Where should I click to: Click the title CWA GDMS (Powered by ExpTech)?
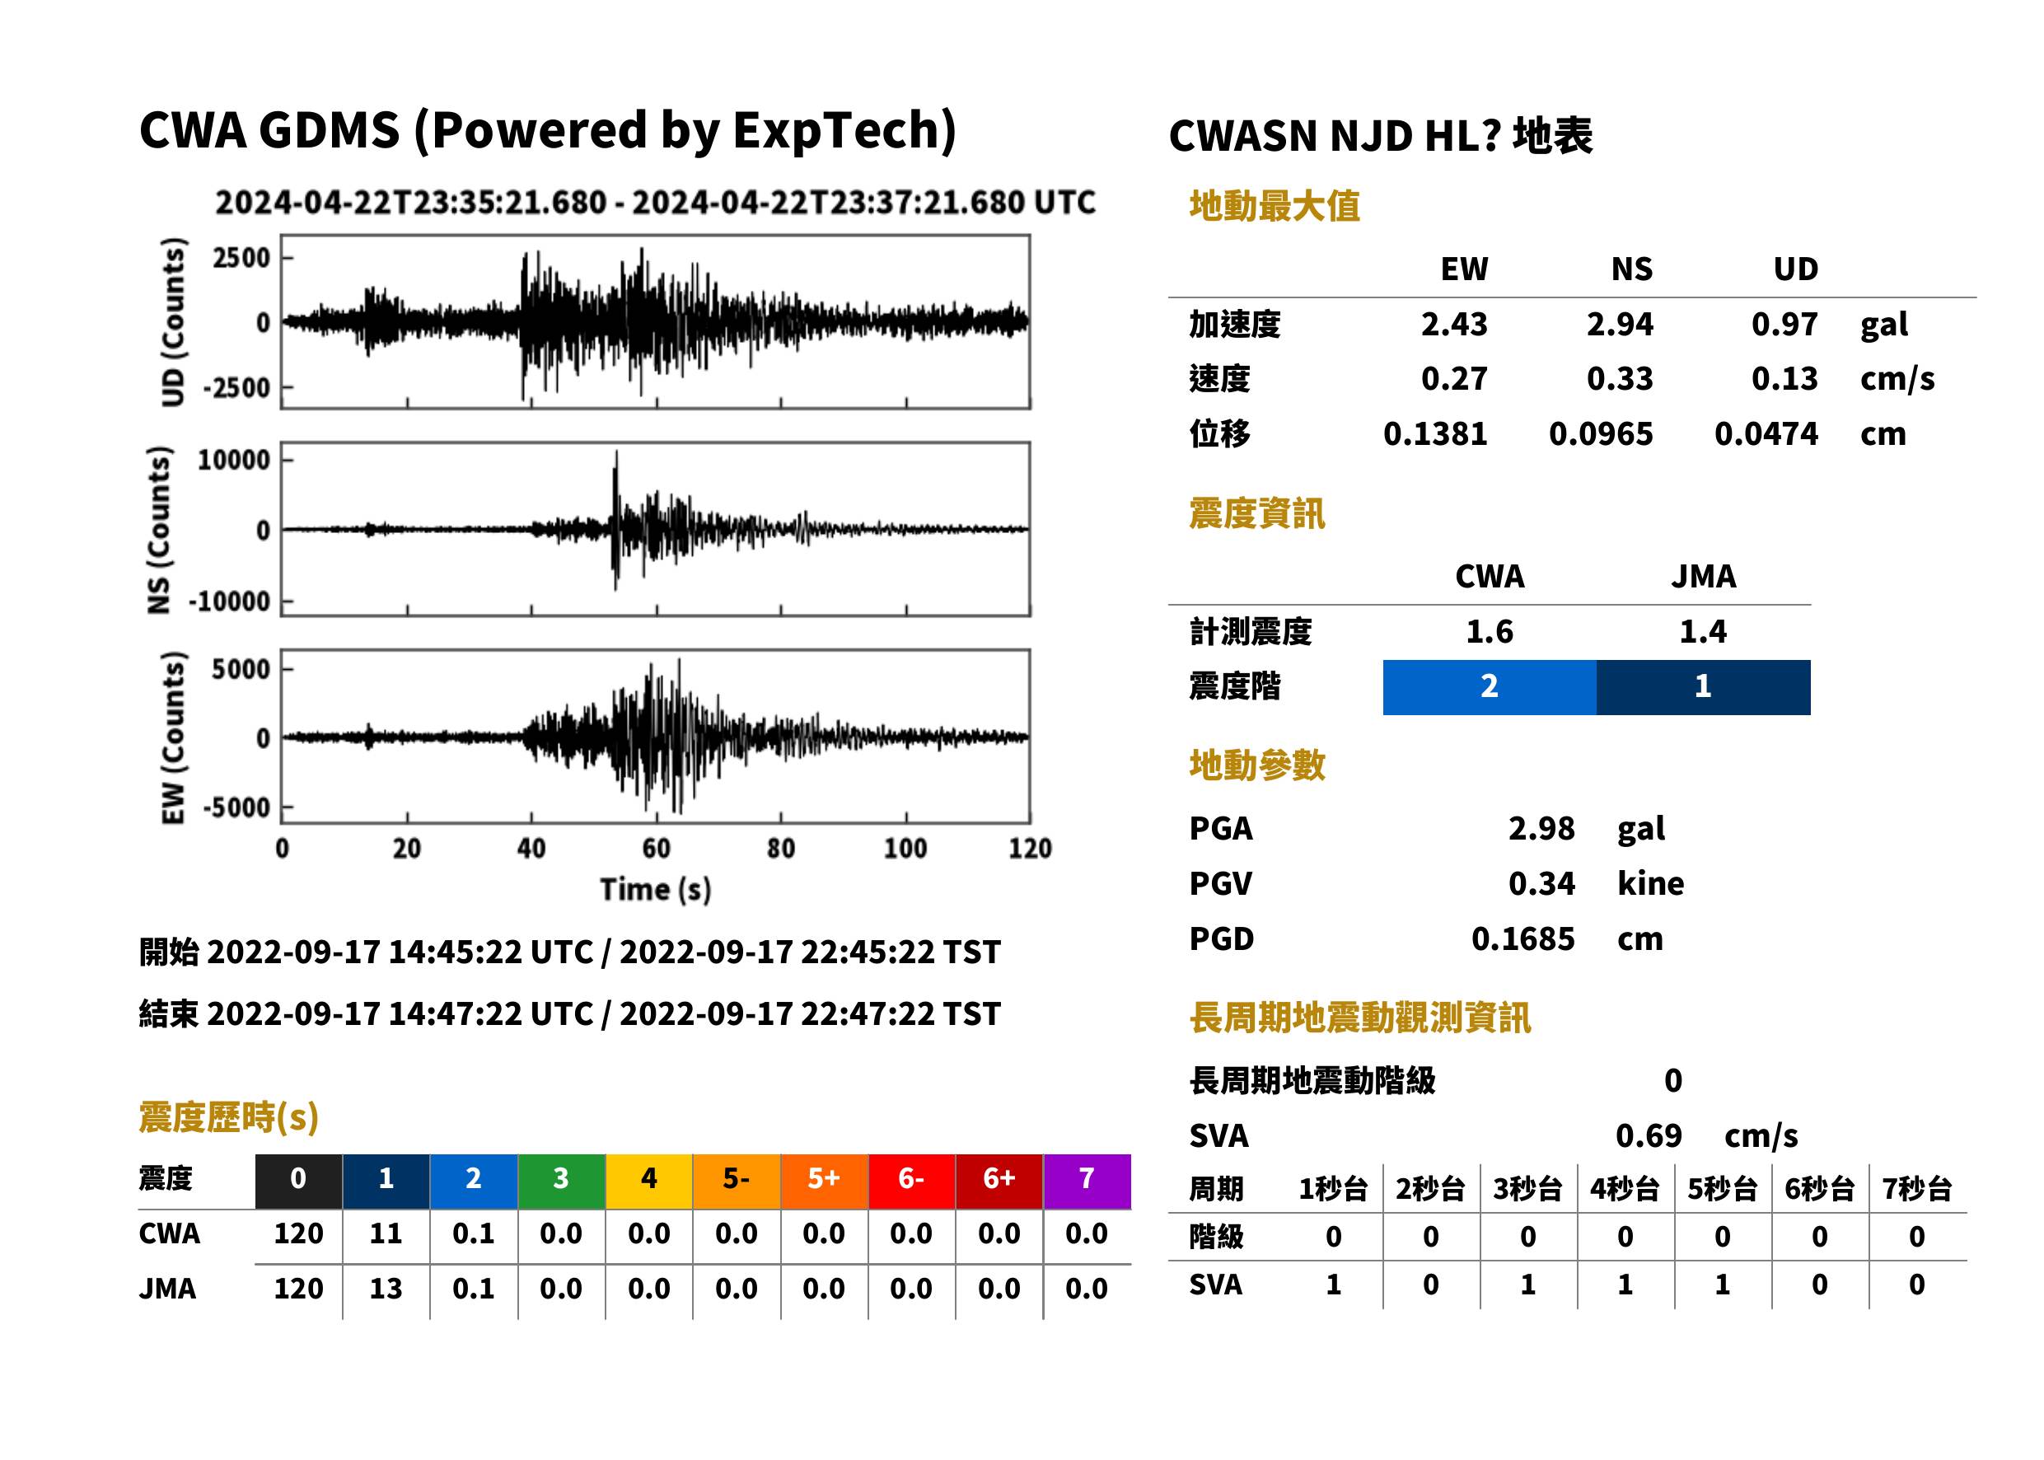547,131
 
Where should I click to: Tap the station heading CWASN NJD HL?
1334,137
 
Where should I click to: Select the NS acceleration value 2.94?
1620,324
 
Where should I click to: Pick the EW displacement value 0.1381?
1435,433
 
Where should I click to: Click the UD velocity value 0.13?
1784,378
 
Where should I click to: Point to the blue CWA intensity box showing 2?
1490,687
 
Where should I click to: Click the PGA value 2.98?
1541,828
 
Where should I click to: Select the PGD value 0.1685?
1523,938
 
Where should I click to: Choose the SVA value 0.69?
1649,1135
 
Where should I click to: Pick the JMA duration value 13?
386,1289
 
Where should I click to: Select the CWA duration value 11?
386,1233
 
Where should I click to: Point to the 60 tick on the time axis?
656,848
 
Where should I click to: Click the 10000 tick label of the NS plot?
234,461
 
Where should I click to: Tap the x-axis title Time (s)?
656,889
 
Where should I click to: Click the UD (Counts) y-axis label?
172,322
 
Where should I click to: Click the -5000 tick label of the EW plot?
236,807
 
